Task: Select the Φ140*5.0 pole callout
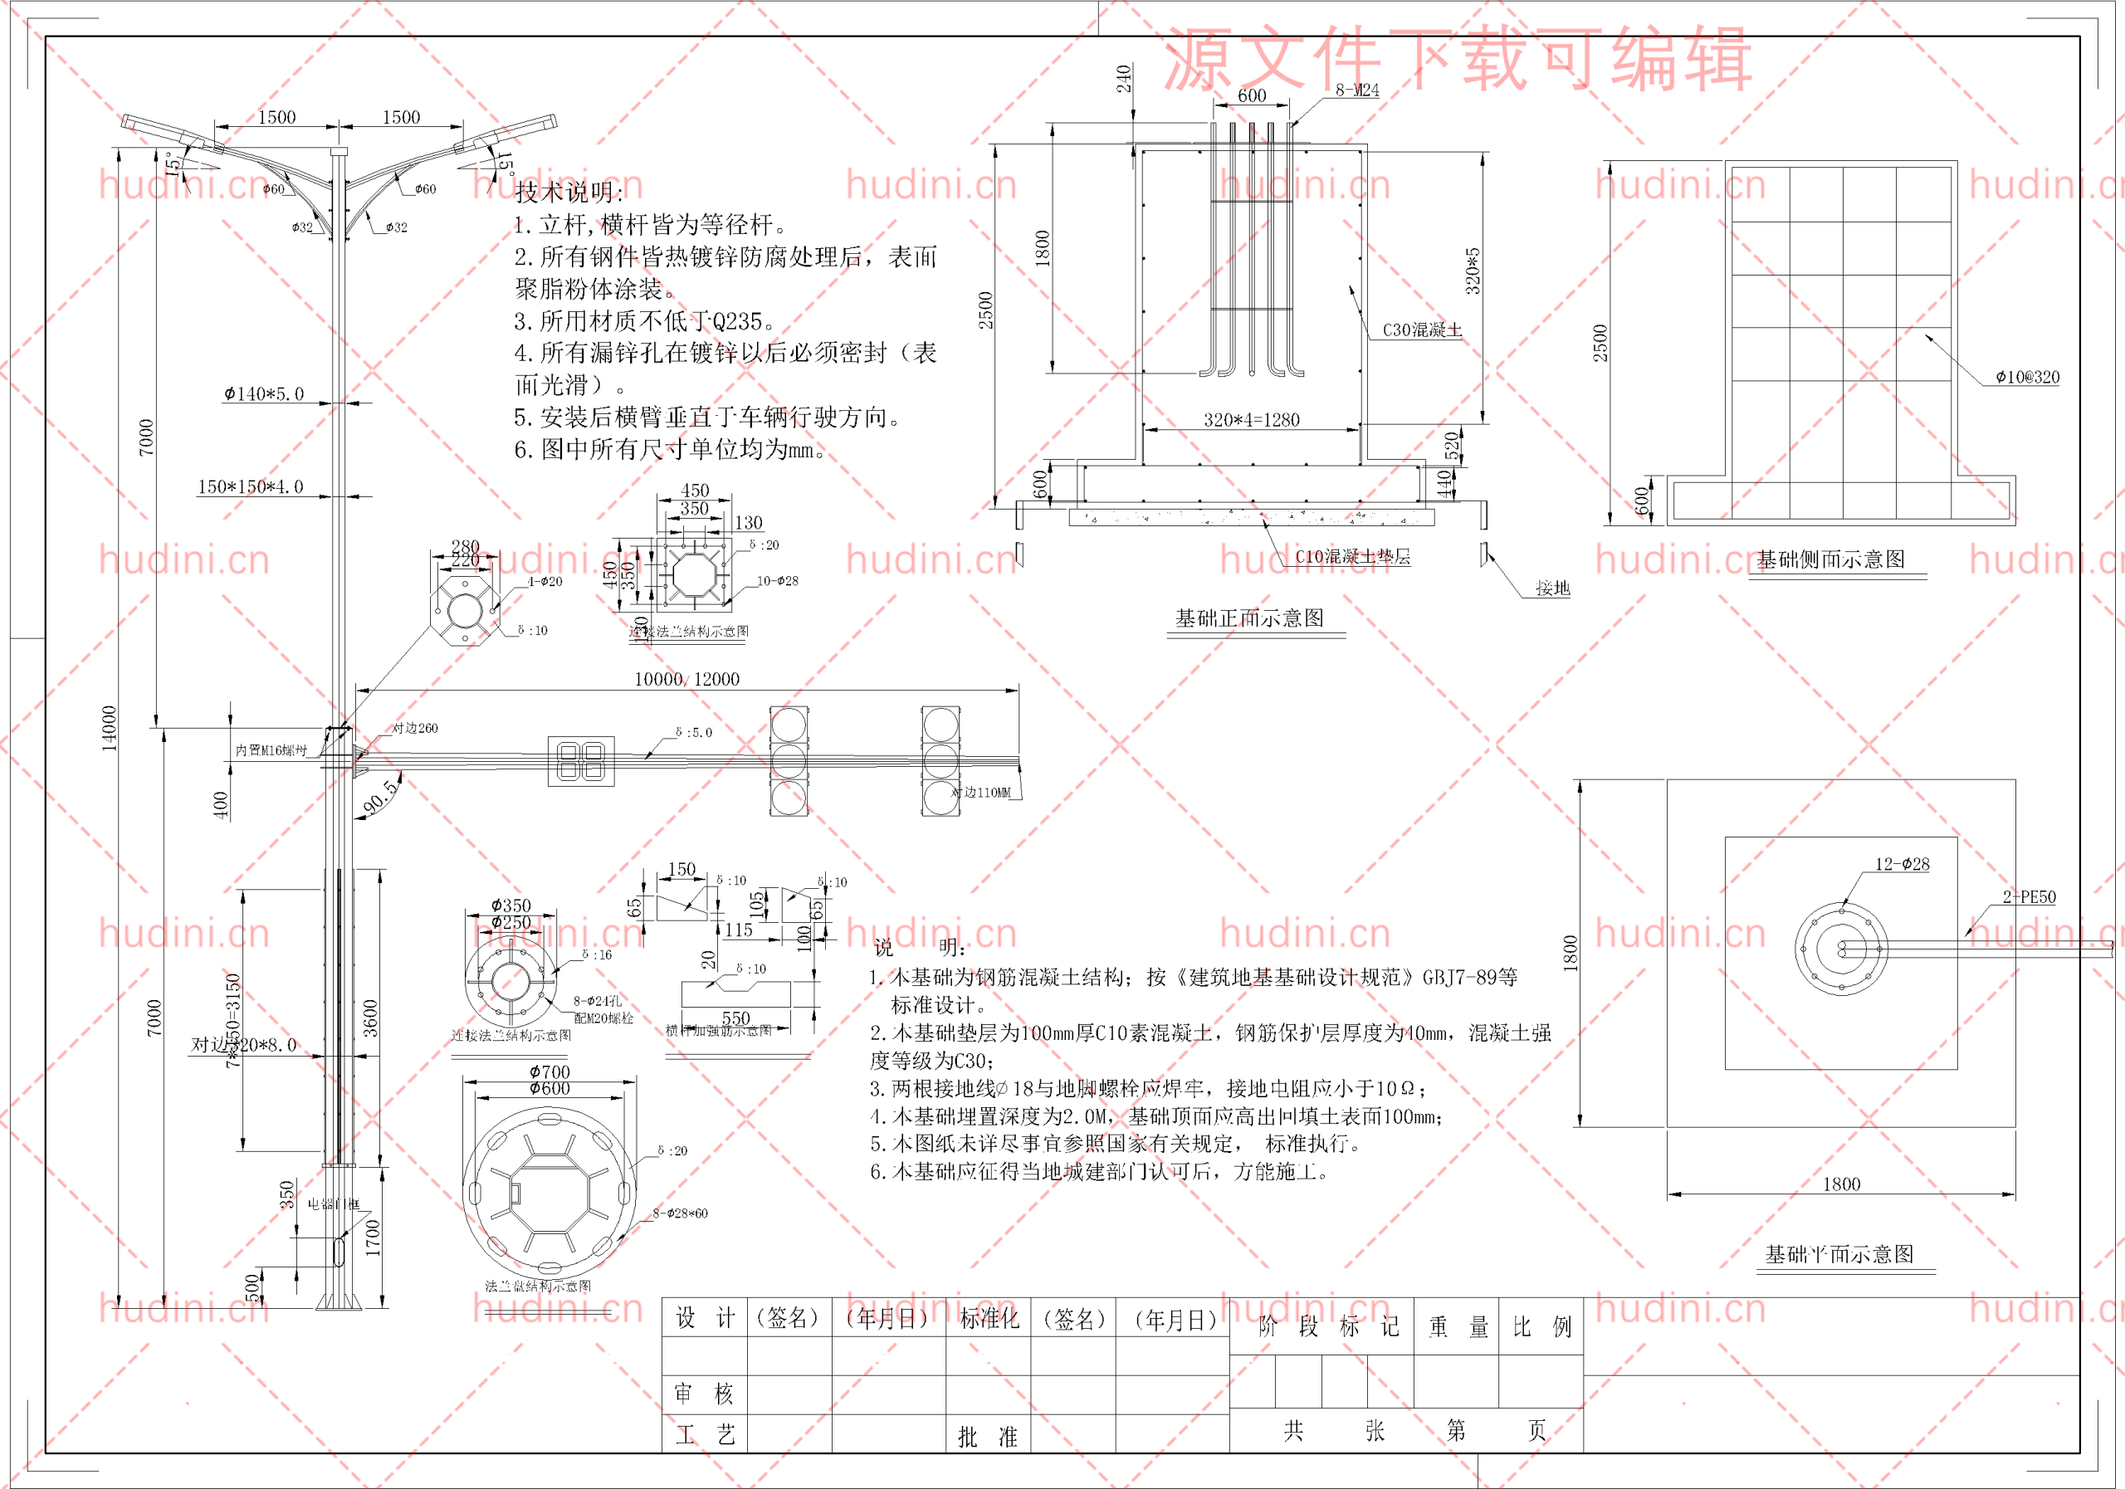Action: (264, 394)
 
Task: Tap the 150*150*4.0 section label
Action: (250, 486)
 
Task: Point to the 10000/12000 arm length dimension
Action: (686, 679)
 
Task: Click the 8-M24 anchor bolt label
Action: (1357, 90)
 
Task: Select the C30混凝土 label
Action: (1422, 330)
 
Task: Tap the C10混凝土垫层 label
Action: (1352, 556)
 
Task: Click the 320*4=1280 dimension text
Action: (1251, 420)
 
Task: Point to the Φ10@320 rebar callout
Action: (2027, 377)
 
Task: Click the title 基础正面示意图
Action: (1249, 618)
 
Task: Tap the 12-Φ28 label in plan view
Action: (1902, 864)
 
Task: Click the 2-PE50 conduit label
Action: (2029, 896)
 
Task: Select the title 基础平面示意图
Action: (1839, 1254)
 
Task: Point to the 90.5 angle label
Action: (380, 797)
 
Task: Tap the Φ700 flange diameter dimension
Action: (550, 1072)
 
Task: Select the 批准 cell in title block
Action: (988, 1436)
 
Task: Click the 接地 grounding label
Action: (1552, 588)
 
